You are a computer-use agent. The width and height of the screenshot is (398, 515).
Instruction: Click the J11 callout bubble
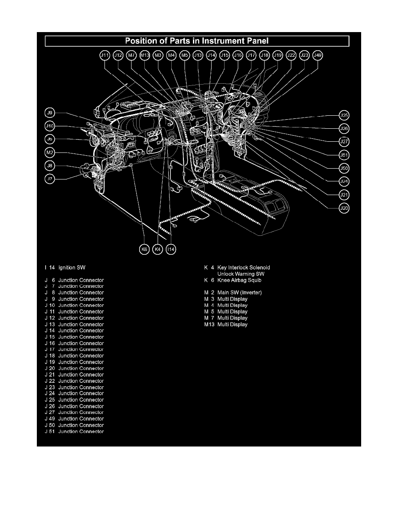pos(105,55)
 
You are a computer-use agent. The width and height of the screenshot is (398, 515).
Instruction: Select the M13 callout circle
pos(145,55)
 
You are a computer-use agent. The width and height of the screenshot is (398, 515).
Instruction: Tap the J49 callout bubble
pos(318,55)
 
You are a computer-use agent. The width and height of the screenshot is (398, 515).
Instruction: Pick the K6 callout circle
pos(144,249)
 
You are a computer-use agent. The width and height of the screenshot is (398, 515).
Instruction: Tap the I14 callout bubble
pos(171,249)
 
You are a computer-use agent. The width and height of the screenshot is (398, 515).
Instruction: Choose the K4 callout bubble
pos(158,249)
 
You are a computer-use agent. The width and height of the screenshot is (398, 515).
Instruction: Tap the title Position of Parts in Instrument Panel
pos(197,41)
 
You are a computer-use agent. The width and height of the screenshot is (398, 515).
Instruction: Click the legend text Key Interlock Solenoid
pos(243,267)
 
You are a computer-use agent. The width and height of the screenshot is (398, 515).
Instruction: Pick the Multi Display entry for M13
pos(232,324)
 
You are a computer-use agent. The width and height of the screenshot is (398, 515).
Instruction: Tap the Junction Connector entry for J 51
pos(81,431)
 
